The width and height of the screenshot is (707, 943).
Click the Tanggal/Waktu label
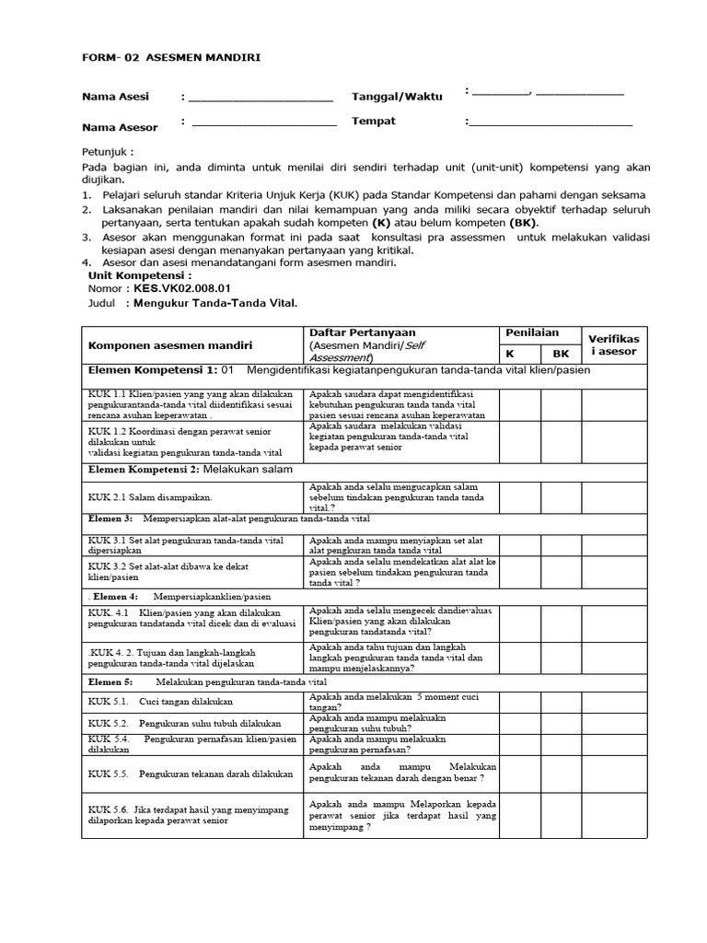click(397, 97)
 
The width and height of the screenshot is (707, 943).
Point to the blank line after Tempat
click(551, 122)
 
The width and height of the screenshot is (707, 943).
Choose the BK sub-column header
click(561, 353)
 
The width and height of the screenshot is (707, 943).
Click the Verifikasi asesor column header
click(614, 344)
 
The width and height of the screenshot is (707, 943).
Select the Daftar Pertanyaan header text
click(363, 332)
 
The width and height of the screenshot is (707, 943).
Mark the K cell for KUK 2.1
click(519, 496)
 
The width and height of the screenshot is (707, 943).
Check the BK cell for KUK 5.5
click(561, 774)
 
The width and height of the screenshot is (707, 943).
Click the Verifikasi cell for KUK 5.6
click(614, 816)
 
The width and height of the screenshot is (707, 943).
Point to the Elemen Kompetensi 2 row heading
click(189, 470)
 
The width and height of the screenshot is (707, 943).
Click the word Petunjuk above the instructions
click(107, 150)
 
